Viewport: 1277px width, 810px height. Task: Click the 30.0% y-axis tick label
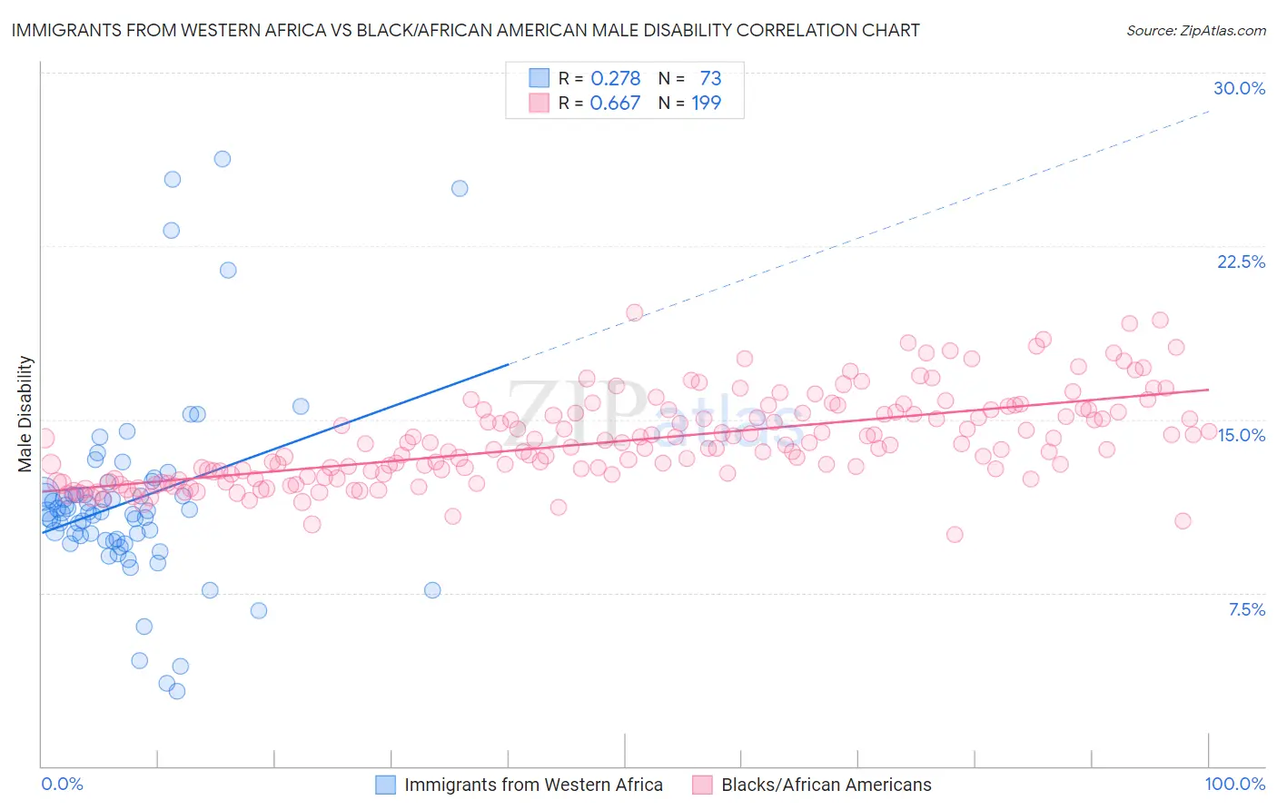coord(1239,88)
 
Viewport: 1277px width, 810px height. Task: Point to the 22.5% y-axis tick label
coord(1241,262)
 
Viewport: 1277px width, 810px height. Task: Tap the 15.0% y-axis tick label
coord(1241,435)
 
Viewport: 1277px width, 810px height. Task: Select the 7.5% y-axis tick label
coord(1246,609)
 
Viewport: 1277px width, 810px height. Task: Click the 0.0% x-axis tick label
coord(62,784)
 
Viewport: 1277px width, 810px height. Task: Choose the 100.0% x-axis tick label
coord(1234,784)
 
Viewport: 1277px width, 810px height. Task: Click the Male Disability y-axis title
coord(25,413)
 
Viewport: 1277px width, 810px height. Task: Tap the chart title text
coord(465,30)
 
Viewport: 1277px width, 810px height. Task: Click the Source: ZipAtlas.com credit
coord(1195,30)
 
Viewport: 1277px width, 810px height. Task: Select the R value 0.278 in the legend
coord(615,78)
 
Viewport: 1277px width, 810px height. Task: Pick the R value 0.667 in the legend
coord(615,103)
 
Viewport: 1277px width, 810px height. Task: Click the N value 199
coord(706,103)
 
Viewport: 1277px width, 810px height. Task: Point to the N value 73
coord(710,78)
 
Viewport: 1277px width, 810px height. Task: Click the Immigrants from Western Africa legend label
coord(533,785)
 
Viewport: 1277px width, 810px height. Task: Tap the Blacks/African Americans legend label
coord(826,785)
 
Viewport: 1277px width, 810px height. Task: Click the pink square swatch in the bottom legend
coord(702,785)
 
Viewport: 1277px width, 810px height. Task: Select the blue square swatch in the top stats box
coord(540,78)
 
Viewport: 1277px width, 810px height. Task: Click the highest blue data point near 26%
coord(222,159)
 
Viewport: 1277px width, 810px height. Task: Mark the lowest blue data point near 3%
coord(177,691)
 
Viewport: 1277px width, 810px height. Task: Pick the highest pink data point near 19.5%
coord(634,312)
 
